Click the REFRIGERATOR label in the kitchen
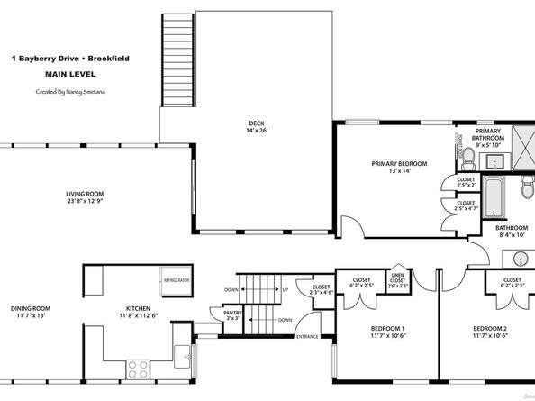[x=176, y=281]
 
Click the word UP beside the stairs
[x=285, y=289]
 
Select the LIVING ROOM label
[x=85, y=197]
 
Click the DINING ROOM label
[x=31, y=313]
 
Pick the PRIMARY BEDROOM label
[x=399, y=167]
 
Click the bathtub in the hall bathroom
[x=494, y=196]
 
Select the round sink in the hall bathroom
[x=521, y=260]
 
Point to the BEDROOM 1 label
[x=388, y=332]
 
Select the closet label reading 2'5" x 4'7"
[x=466, y=206]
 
